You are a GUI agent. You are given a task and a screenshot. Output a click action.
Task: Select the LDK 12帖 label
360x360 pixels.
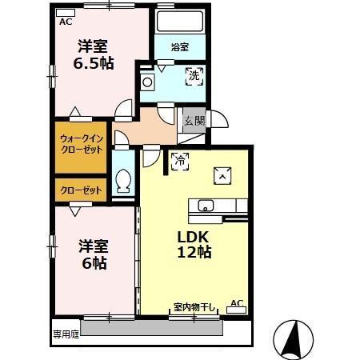click(x=194, y=244)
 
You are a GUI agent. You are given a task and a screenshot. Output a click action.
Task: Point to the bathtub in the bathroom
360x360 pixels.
click(x=180, y=22)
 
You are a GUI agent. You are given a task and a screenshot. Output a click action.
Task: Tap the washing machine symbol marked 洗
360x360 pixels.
click(x=194, y=77)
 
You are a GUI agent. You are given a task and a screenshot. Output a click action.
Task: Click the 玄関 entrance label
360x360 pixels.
click(x=194, y=121)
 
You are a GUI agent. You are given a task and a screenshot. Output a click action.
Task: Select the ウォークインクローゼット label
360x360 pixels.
click(x=81, y=144)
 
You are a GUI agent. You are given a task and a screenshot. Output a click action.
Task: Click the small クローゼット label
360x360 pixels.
click(x=81, y=190)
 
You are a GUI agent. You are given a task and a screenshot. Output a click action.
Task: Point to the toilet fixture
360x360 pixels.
click(x=123, y=181)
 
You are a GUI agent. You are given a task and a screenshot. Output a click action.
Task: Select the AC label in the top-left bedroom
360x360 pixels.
click(x=65, y=22)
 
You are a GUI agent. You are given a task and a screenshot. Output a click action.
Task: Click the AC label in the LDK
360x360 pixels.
click(x=236, y=302)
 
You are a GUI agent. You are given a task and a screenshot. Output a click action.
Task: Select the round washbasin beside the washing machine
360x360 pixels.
click(x=147, y=81)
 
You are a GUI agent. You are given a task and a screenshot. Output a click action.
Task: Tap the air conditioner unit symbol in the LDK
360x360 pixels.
click(x=236, y=309)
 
